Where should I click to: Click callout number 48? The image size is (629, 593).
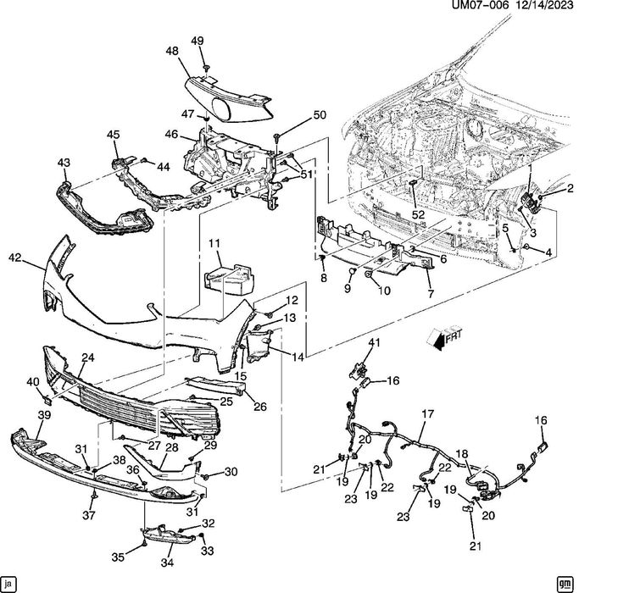(x=172, y=51)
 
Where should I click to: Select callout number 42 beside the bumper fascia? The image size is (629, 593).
(x=15, y=258)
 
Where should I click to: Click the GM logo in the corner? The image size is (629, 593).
(x=565, y=583)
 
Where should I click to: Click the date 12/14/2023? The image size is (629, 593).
(x=543, y=5)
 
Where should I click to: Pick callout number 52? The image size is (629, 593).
(x=418, y=214)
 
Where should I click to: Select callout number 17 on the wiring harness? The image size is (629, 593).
(x=428, y=413)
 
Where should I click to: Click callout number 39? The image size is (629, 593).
(x=44, y=415)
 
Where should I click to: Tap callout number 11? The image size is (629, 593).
(x=214, y=243)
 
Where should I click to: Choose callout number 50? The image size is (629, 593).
(x=320, y=114)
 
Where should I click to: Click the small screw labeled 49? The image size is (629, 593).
(x=206, y=68)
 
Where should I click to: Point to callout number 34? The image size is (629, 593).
(x=167, y=563)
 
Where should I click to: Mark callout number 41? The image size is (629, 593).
(x=375, y=342)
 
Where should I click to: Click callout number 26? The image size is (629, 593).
(x=260, y=407)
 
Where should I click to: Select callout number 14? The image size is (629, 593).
(x=298, y=357)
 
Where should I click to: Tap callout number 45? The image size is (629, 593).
(x=113, y=135)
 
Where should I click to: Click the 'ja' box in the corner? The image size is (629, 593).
(x=8, y=583)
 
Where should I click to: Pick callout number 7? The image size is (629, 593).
(x=431, y=294)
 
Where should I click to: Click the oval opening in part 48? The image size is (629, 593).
(x=222, y=109)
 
